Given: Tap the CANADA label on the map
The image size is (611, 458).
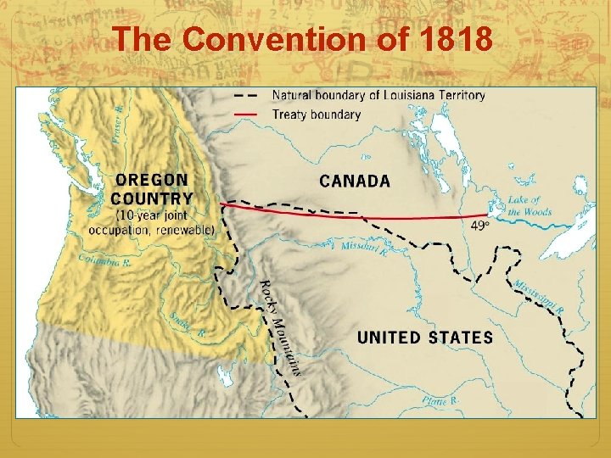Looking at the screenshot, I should coord(355,181).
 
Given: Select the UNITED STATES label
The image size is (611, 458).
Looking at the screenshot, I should coord(424,337).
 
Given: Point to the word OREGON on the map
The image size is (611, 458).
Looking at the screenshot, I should coord(151,181).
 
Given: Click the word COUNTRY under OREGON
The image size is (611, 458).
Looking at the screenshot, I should coord(152,198).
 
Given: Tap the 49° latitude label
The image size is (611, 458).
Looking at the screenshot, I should coord(479,225).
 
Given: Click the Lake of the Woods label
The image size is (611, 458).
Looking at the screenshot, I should coord(529,206).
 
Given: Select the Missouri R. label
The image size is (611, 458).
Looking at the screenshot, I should coord(365,248).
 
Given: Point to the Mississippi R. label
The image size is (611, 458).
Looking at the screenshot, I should coord(537,295).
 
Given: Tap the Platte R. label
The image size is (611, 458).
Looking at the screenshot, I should coord(440,399).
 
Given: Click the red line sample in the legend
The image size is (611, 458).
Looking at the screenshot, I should coord(246,114).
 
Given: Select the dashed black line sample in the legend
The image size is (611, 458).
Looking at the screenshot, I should coord(246,95).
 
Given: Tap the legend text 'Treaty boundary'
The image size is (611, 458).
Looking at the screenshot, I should coord(316,114).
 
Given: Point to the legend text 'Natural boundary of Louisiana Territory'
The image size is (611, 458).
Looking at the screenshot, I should coord(378,95).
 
